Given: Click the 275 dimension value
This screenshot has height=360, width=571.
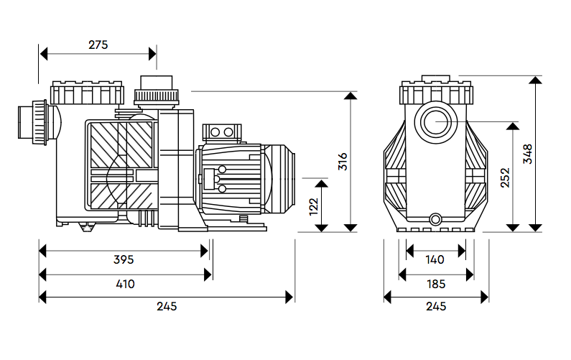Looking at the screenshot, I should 98,45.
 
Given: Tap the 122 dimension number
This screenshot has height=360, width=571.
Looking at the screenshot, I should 312,206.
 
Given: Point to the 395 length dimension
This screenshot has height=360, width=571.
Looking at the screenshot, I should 124,259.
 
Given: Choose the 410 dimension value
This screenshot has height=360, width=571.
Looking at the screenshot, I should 124,284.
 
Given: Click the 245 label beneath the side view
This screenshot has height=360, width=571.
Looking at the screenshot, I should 166,306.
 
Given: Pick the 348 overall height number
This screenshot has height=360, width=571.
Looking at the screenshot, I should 528,154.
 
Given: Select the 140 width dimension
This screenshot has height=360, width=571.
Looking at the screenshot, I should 435,259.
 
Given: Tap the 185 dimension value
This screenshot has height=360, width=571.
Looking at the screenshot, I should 435,284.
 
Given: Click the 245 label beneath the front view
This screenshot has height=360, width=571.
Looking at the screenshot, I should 435,306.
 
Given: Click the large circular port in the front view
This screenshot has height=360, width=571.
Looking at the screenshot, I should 436,122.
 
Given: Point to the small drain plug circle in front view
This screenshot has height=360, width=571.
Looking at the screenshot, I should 435,218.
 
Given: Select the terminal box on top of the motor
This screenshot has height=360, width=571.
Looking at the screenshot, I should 220,131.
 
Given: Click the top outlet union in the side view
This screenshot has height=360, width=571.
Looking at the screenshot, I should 156,92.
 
